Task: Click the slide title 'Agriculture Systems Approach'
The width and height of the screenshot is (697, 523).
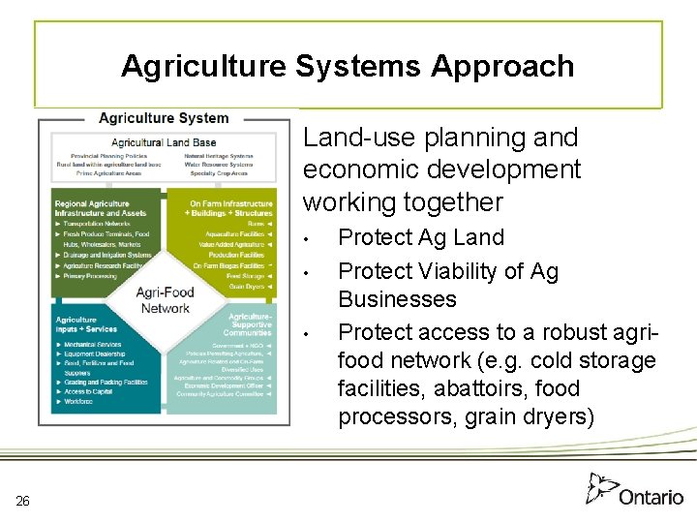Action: click(x=348, y=66)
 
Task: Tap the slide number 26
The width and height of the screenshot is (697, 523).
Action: click(x=23, y=501)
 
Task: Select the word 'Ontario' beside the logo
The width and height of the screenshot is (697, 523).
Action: click(x=651, y=497)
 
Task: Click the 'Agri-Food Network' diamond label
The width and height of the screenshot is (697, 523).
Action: click(x=166, y=300)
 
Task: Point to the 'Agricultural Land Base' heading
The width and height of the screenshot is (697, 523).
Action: click(x=164, y=142)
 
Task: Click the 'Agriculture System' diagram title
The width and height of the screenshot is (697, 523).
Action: click(x=164, y=118)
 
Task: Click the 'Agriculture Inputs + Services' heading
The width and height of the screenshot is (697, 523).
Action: click(x=86, y=324)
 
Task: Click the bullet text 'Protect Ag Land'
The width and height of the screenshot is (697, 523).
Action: click(x=421, y=237)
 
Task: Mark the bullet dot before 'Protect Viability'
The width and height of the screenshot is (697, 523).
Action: click(x=305, y=273)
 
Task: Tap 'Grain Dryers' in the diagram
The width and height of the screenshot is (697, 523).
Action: click(x=247, y=287)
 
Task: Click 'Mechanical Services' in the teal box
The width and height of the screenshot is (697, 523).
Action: click(x=93, y=345)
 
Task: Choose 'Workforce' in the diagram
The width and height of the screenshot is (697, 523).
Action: click(x=79, y=401)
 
